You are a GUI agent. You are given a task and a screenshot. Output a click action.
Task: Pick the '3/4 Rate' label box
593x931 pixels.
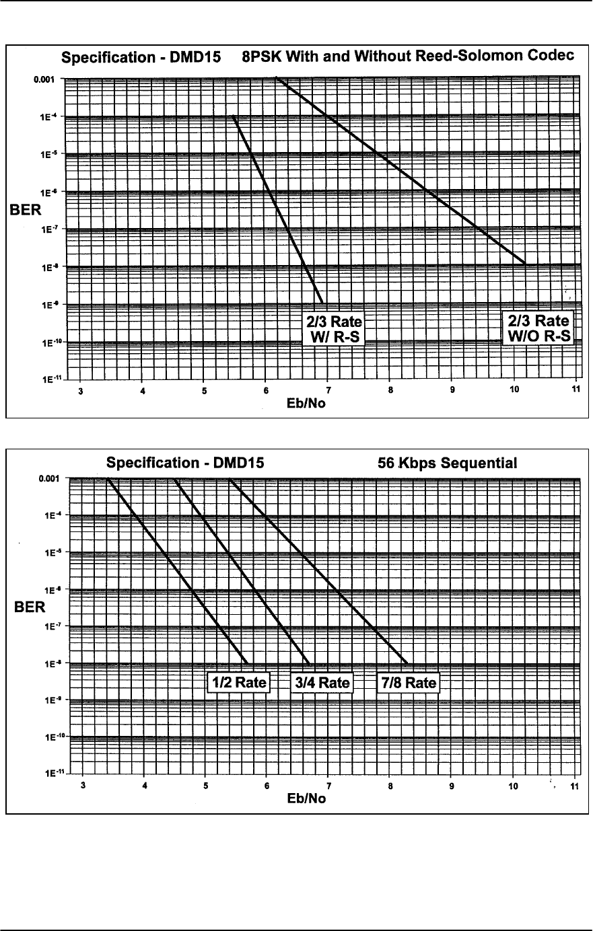tap(322, 683)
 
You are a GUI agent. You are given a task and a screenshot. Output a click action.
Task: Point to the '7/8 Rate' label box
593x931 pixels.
tap(407, 683)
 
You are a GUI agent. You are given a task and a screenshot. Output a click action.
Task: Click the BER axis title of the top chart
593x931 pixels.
tap(25, 211)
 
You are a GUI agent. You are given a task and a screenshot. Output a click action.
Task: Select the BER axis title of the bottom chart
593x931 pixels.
tap(30, 608)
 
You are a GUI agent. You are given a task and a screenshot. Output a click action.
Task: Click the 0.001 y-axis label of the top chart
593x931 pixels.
tap(48, 79)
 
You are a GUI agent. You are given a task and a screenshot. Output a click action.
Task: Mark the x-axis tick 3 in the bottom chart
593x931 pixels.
tap(83, 786)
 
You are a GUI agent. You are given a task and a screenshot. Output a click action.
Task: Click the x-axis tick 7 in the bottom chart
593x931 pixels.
tap(328, 786)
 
